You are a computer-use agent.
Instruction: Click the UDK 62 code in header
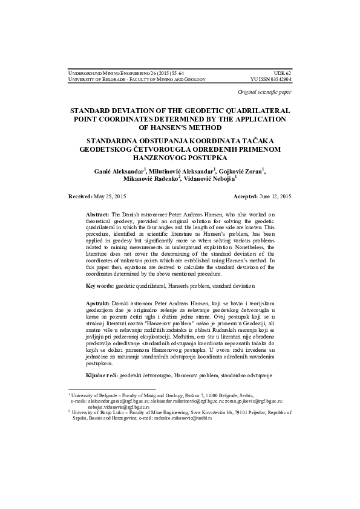coord(283,72)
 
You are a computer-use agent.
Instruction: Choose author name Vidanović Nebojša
coord(209,180)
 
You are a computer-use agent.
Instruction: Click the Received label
coord(80,197)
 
